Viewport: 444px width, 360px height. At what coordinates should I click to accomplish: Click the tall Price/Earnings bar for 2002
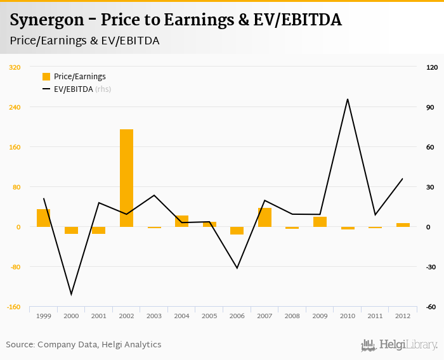point(126,177)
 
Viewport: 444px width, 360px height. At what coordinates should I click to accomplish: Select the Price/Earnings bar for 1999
point(44,218)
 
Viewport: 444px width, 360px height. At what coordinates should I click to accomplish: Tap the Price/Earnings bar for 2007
point(264,217)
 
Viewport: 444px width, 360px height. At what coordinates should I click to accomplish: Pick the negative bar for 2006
point(237,231)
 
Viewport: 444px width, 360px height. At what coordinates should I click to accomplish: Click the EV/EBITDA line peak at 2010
point(347,99)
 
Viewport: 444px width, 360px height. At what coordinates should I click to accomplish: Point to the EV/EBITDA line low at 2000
point(71,294)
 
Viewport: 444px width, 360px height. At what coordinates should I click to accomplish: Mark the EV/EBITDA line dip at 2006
point(237,268)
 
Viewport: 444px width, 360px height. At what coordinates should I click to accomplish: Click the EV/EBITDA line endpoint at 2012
point(403,179)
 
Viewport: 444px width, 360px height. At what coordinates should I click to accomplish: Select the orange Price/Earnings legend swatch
point(46,77)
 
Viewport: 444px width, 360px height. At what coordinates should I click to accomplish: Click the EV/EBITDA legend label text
point(73,89)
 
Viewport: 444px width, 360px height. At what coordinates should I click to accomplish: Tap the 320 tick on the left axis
point(15,67)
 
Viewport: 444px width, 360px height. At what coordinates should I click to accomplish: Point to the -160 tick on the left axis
point(13,307)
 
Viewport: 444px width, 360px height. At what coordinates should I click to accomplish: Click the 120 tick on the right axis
point(432,67)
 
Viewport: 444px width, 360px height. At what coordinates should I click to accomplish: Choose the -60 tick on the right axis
point(431,307)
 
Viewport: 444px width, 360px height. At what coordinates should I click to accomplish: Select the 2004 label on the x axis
point(181,316)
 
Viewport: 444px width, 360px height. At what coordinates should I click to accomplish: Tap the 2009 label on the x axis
point(320,316)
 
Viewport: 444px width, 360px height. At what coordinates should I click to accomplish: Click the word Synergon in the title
point(47,20)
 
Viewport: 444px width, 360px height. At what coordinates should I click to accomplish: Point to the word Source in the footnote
point(20,345)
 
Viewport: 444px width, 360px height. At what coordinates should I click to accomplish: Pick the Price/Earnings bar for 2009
point(320,222)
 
